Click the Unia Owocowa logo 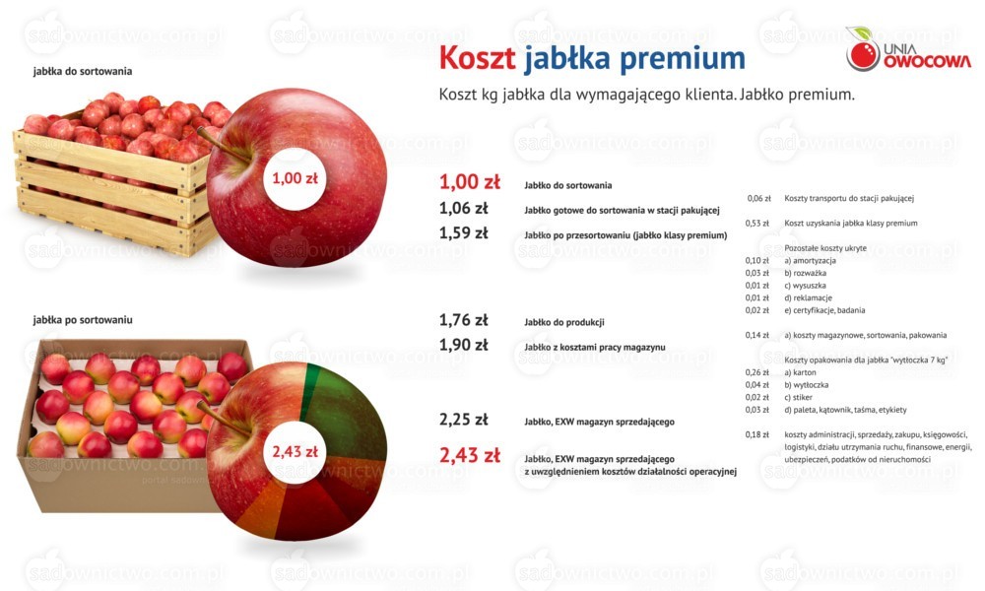click(x=908, y=49)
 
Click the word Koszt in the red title click(x=477, y=58)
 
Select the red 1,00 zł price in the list click(x=469, y=182)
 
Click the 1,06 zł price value click(x=463, y=209)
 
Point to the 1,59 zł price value click(x=463, y=233)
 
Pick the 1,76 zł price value click(x=463, y=320)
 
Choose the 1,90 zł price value click(x=463, y=345)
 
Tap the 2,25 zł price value click(x=463, y=420)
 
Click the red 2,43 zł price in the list click(x=469, y=455)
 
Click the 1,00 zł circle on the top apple click(x=295, y=178)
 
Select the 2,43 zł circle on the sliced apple click(x=295, y=451)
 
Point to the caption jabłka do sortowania click(x=83, y=72)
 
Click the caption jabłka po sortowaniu click(x=83, y=320)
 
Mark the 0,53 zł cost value click(x=756, y=223)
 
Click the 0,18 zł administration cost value click(x=756, y=434)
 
